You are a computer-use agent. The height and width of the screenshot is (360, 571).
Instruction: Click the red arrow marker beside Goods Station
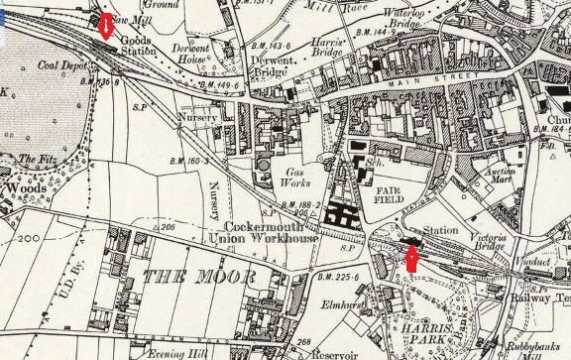pyautogui.click(x=104, y=24)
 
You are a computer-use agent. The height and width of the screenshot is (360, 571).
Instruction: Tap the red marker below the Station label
pyautogui.click(x=411, y=259)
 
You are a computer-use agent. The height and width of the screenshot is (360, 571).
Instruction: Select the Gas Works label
pyautogui.click(x=298, y=177)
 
